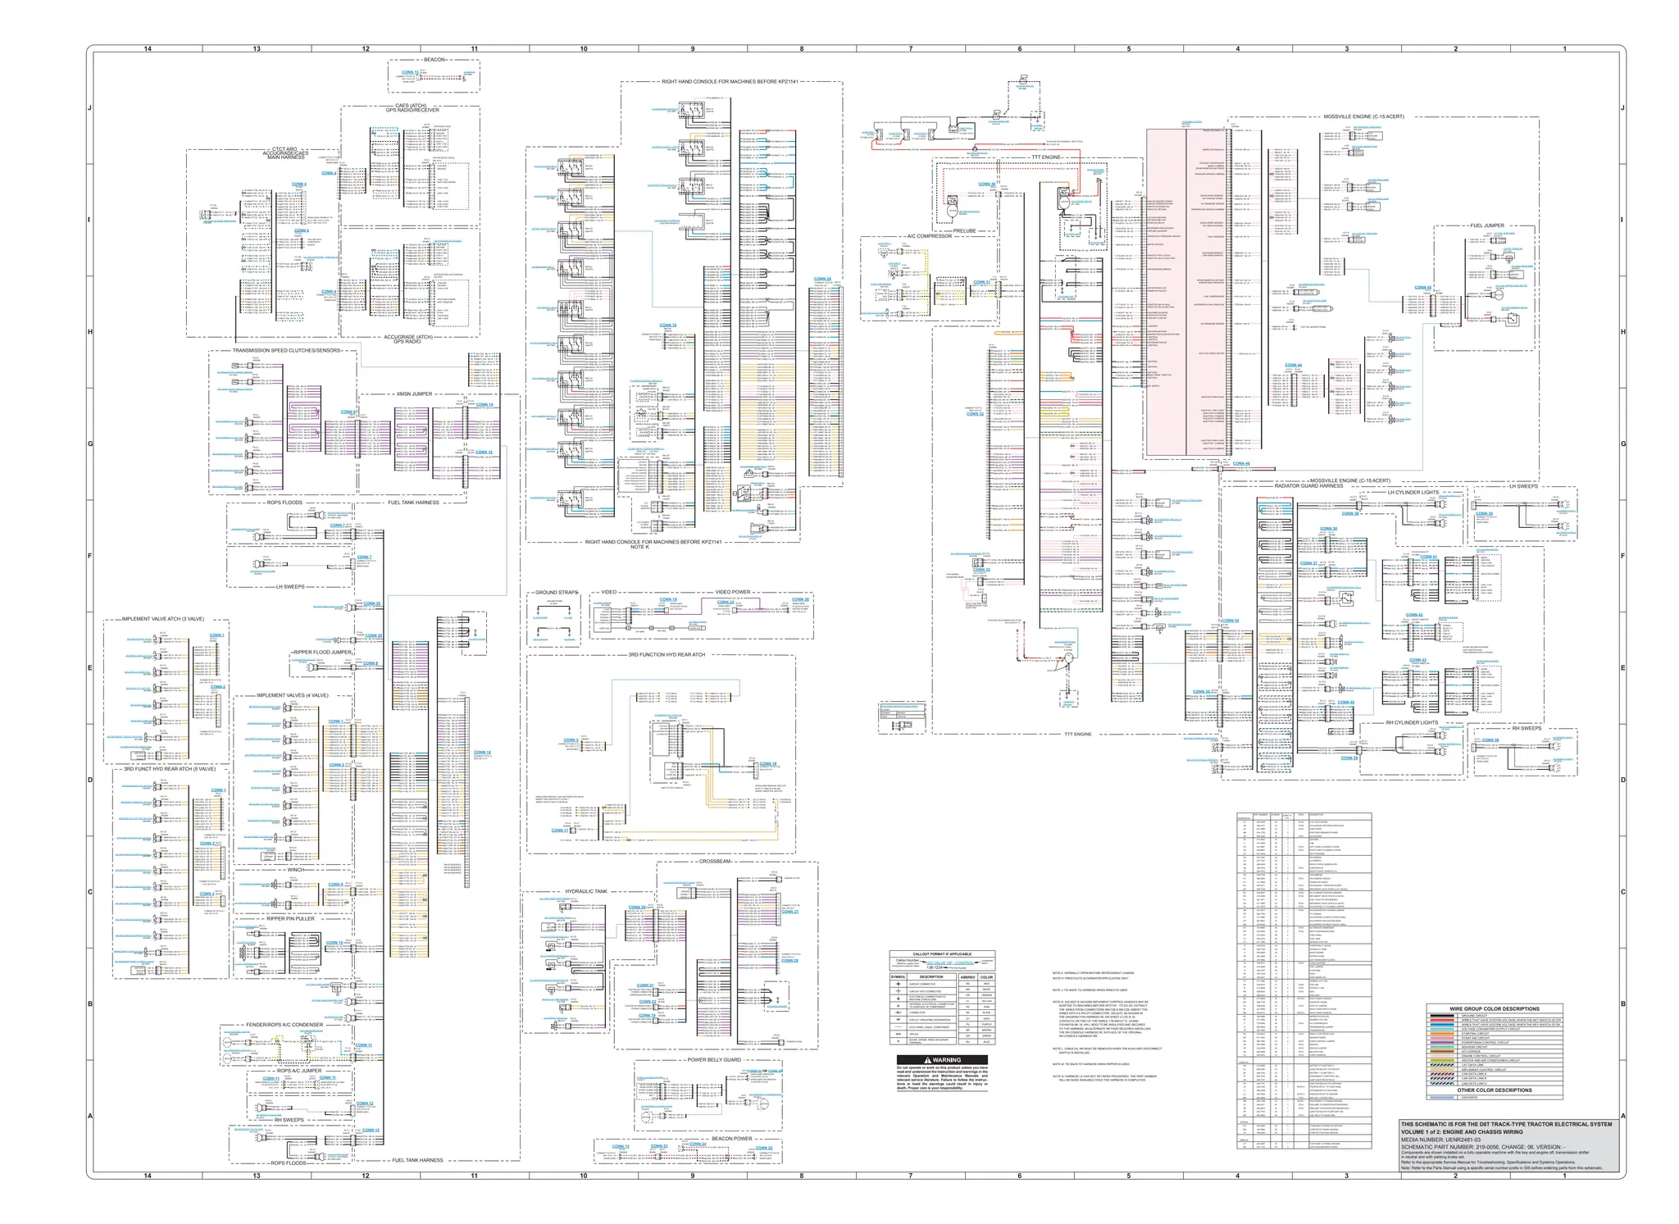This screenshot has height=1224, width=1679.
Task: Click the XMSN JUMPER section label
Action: click(x=414, y=394)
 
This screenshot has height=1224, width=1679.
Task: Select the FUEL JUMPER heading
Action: click(x=1486, y=225)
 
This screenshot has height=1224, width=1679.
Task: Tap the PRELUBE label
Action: click(x=964, y=231)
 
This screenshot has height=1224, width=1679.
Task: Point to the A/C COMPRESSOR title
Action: click(x=929, y=236)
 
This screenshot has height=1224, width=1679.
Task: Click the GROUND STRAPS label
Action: click(x=556, y=592)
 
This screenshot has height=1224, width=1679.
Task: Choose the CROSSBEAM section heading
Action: click(x=715, y=862)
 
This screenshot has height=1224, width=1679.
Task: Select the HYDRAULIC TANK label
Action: click(x=586, y=891)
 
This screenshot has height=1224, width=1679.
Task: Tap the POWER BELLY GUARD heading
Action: click(x=713, y=1060)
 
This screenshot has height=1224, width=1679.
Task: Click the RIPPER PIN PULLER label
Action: click(x=290, y=919)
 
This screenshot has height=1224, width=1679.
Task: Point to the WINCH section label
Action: click(x=295, y=870)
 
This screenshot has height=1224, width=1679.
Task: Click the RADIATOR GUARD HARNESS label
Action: click(x=1308, y=486)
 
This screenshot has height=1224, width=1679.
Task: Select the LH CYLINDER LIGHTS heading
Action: click(x=1413, y=493)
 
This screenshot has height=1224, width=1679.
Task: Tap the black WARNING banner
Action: click(x=942, y=1060)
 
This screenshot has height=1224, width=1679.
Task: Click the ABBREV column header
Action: click(x=967, y=977)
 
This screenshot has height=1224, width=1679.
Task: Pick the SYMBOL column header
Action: click(x=899, y=977)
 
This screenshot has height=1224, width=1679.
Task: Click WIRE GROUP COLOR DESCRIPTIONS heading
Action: click(x=1495, y=1009)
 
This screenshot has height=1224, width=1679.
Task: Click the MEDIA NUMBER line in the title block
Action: click(x=1441, y=1139)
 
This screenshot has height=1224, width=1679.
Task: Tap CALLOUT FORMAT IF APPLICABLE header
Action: click(x=942, y=954)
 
